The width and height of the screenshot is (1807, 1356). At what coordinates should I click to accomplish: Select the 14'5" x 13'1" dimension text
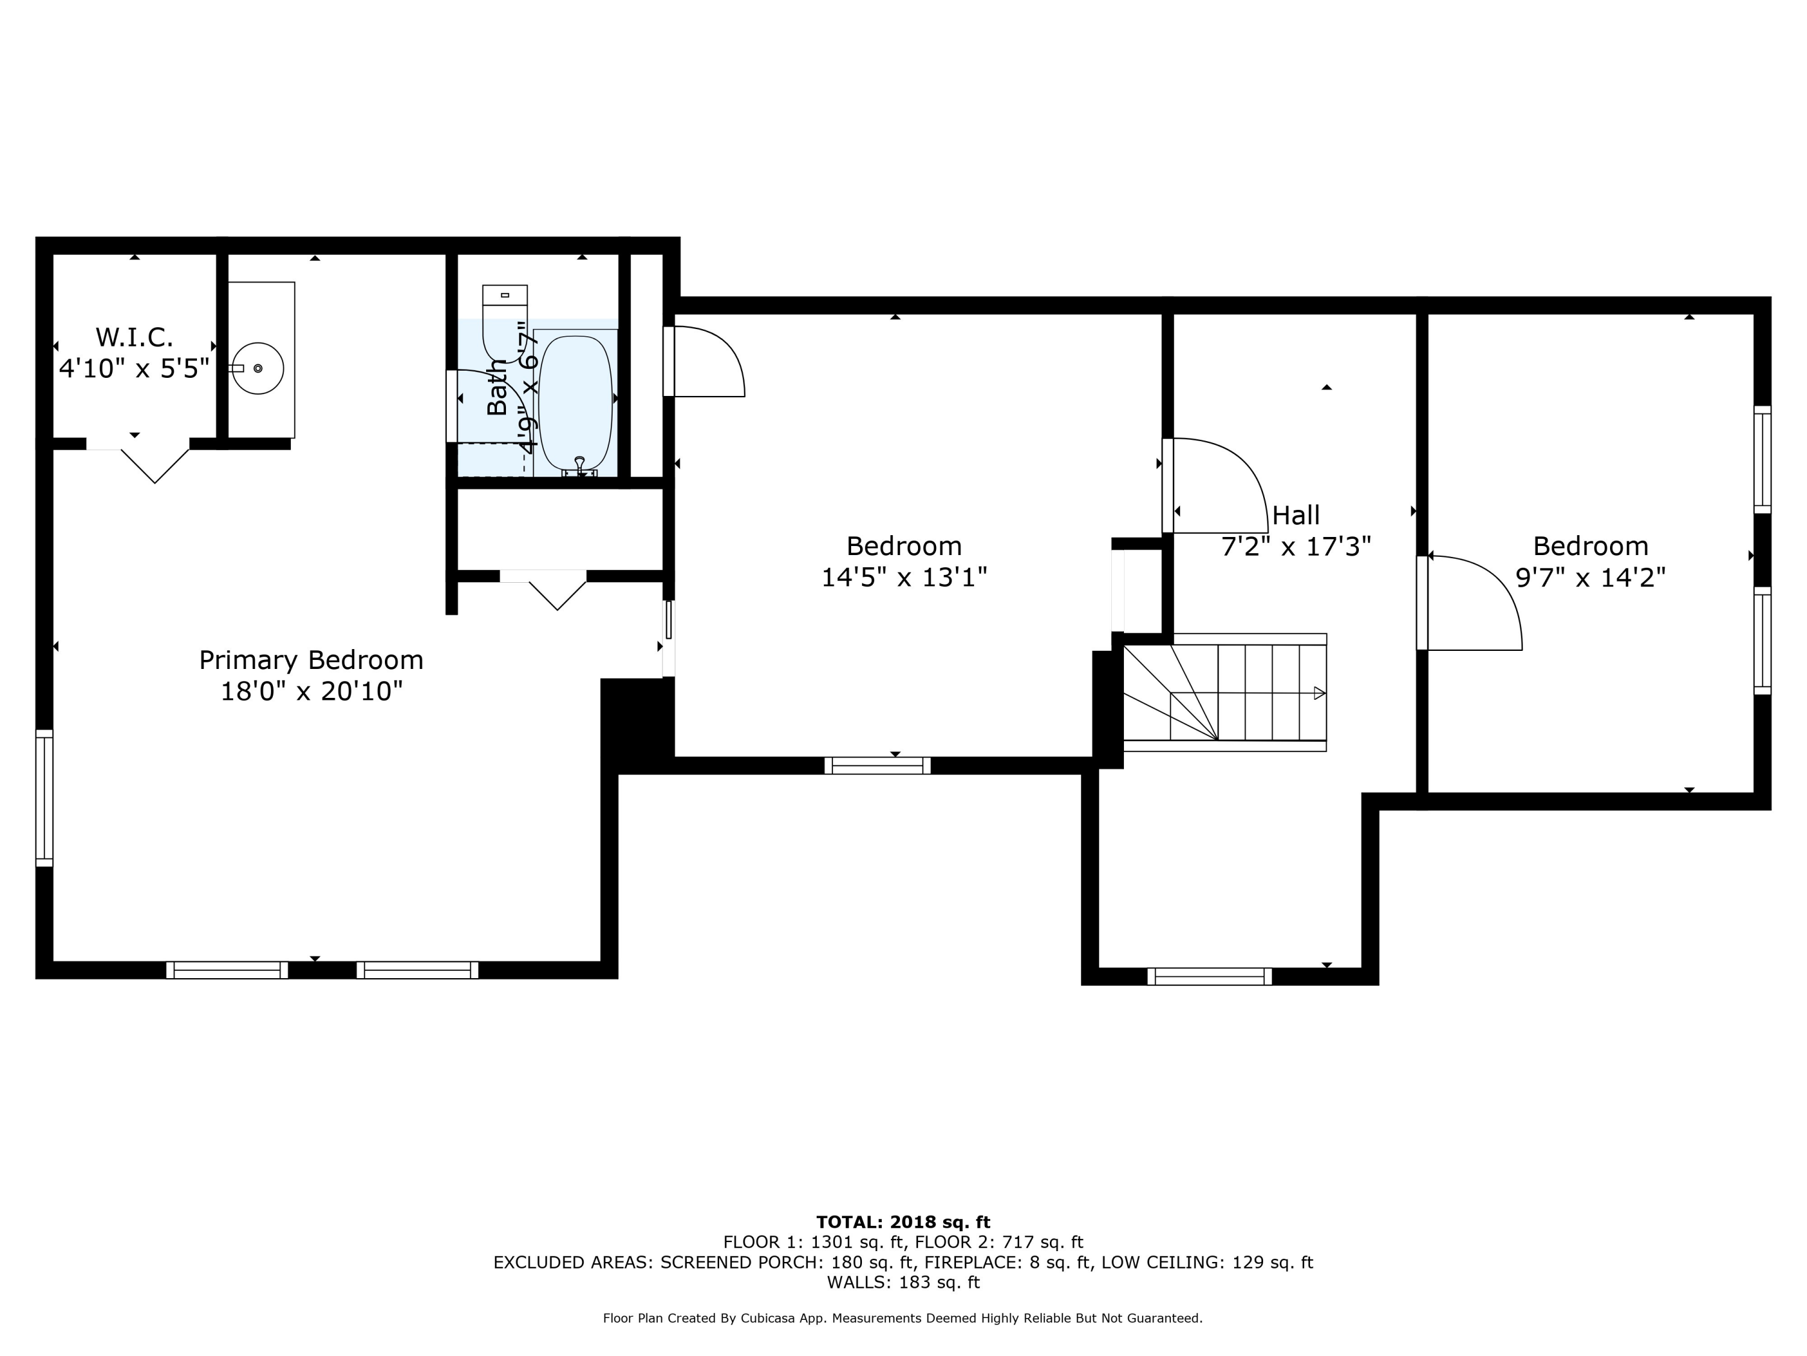coord(904,577)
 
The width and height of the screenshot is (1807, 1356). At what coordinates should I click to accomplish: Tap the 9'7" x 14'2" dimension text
coord(1591,577)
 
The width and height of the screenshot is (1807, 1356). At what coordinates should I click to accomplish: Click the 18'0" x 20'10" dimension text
coord(311,691)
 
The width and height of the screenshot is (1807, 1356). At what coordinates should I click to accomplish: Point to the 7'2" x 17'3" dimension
coord(1296,546)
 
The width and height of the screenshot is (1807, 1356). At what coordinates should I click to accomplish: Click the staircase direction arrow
coord(1319,693)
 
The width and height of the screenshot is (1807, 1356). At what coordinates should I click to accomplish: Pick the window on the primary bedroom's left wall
coord(44,798)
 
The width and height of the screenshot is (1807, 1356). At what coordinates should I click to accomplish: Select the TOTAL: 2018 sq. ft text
coord(903,1222)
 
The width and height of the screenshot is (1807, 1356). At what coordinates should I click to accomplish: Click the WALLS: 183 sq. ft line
coord(903,1282)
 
